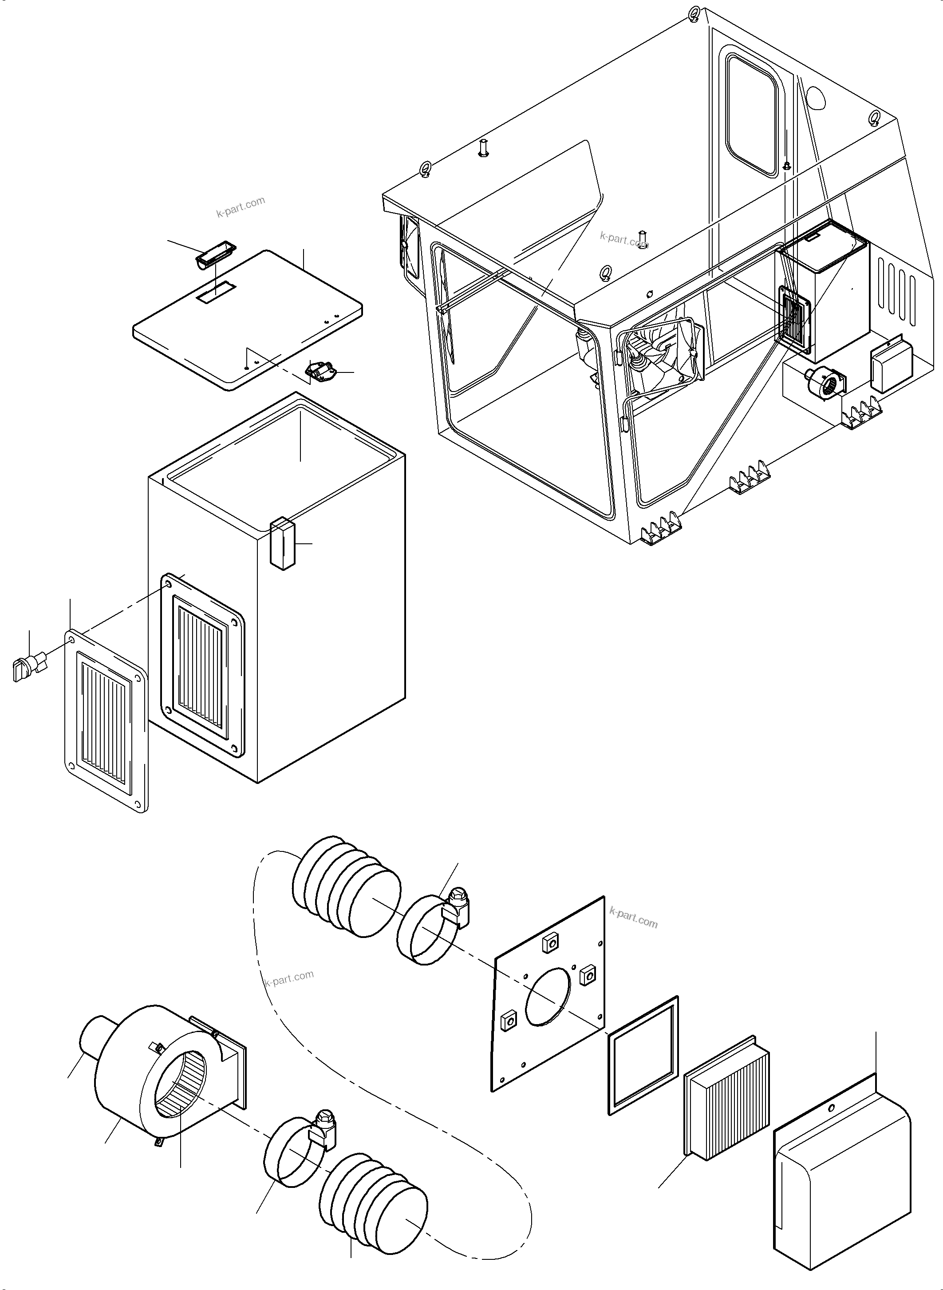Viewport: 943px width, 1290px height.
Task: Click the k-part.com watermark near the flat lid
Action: (x=241, y=207)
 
